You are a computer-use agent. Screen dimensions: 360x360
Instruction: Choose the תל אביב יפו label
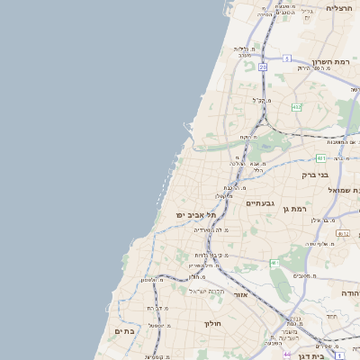coord(198,215)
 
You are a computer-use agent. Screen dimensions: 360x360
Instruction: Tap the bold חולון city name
coord(212,322)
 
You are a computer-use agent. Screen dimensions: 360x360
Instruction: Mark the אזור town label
coord(240,294)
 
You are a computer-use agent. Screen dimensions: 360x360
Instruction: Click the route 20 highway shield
coord(263,67)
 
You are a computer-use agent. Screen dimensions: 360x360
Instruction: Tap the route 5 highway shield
coord(285,58)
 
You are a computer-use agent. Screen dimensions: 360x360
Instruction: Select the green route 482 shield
coord(296,106)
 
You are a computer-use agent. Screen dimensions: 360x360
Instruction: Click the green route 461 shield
coord(274,263)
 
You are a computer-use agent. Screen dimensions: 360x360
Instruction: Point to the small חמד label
coord(332,316)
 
